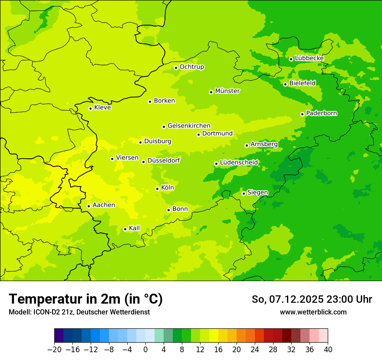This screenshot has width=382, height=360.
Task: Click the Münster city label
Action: [227, 91]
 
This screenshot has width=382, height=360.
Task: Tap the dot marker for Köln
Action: [157, 189]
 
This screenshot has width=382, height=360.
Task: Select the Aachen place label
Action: [104, 205]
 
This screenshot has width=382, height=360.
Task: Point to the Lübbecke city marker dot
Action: [291, 59]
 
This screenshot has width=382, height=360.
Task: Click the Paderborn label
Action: [322, 113]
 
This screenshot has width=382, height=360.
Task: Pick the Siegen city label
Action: [258, 193]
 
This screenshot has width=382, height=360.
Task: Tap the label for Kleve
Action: [102, 108]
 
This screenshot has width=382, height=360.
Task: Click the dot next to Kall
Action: [125, 229]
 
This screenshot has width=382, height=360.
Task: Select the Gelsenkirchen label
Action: [189, 126]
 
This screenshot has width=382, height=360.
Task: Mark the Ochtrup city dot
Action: [176, 68]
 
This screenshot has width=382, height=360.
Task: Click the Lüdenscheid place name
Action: [239, 163]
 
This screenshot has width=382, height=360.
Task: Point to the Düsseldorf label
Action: [164, 160]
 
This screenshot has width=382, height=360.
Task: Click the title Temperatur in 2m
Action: [86, 299]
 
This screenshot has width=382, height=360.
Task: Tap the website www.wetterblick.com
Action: [313, 312]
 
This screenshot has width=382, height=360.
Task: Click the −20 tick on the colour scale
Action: [54, 350]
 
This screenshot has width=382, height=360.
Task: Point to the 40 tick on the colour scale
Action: [328, 350]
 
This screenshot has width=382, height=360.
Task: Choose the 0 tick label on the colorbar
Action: [145, 350]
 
